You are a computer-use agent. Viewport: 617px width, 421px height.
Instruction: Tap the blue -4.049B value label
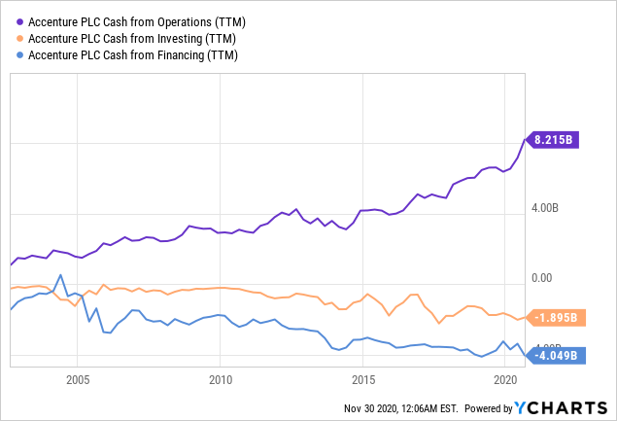click(559, 355)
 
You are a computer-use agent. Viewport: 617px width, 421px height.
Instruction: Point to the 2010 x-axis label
click(221, 378)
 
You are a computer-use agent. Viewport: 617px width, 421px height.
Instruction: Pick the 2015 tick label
click(363, 378)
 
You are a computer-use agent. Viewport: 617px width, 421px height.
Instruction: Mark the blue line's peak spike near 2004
click(61, 275)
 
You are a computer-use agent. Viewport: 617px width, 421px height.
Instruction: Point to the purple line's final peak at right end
click(526, 140)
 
